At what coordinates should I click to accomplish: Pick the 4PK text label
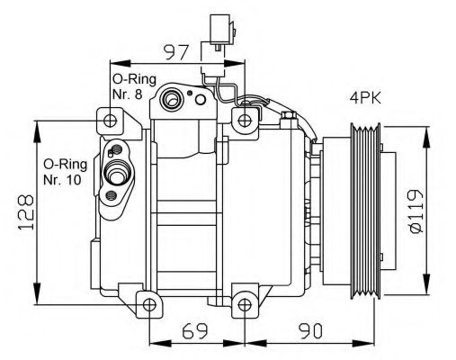click(x=364, y=97)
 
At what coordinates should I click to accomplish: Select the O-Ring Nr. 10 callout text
click(x=65, y=172)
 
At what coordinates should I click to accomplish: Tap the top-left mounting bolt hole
click(x=110, y=121)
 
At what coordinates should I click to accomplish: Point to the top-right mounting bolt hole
click(x=245, y=121)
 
